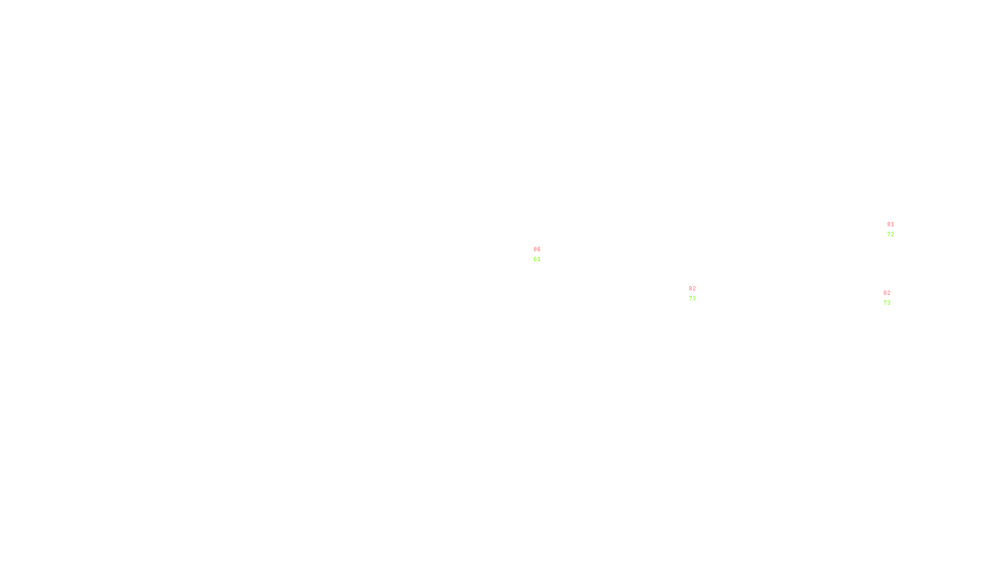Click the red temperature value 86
pos(537,249)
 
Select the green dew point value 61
pos(537,259)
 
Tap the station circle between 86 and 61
pos(543,254)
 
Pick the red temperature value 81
pos(891,224)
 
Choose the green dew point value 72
pos(891,234)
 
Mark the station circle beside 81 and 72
pos(897,229)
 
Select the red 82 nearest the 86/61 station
pos(692,289)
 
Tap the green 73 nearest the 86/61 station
pos(692,299)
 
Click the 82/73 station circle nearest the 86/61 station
pos(698,294)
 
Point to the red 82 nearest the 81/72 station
pos(887,293)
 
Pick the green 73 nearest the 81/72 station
pos(887,303)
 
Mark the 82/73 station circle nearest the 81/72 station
pos(893,298)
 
